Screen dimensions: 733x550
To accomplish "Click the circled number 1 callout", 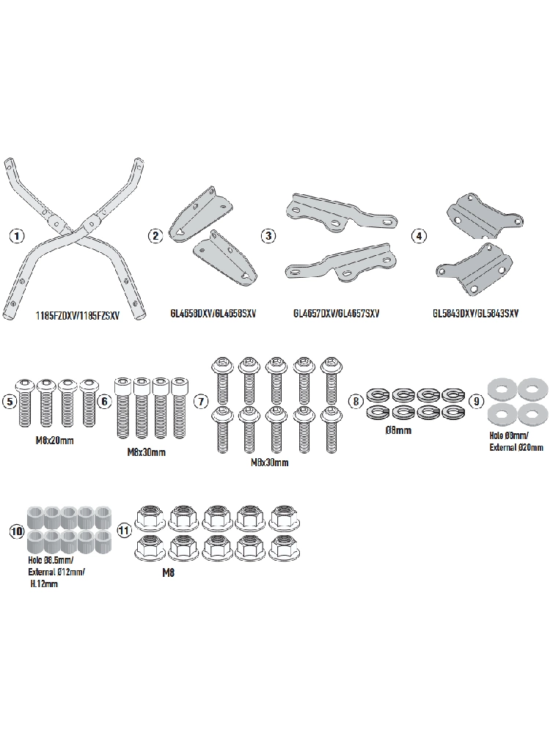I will (17, 236).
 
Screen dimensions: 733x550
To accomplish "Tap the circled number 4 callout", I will (419, 236).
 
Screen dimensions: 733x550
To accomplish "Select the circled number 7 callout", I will (200, 401).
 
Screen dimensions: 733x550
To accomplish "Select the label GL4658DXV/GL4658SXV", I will (207, 314).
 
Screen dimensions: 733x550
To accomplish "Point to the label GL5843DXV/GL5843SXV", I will (476, 314).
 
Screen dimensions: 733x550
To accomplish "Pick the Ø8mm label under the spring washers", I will (397, 430).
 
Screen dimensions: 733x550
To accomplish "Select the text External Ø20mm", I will (516, 446).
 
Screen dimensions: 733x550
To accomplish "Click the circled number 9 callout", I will (477, 402).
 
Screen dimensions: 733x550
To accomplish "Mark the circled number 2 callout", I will (155, 236).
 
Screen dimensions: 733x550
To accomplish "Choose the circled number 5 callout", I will (10, 401).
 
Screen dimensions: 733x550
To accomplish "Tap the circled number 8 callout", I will (356, 401).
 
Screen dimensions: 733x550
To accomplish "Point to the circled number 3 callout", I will (269, 236).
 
